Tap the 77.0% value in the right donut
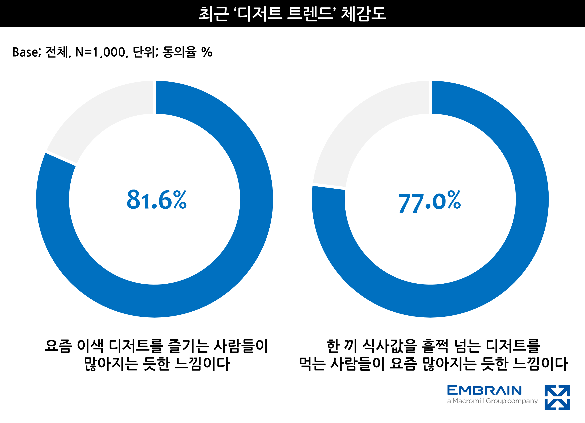429,201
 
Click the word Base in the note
25,52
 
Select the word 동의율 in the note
179,52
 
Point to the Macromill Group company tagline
492,401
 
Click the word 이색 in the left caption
90,346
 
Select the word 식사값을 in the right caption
390,346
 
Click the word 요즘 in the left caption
58,346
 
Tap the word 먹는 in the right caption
312,364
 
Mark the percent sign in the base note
207,52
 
